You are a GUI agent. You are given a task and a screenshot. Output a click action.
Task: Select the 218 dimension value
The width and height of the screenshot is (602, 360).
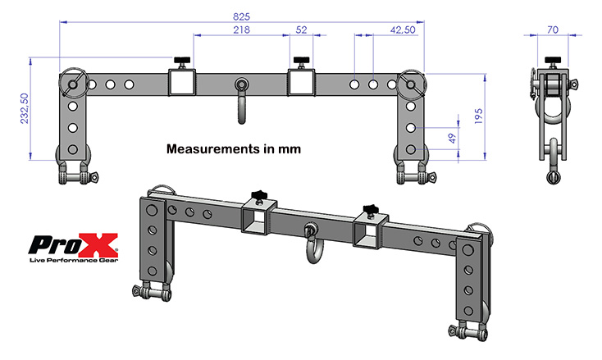tap(241, 30)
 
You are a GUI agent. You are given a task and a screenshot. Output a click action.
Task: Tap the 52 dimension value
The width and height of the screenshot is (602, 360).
tap(301, 30)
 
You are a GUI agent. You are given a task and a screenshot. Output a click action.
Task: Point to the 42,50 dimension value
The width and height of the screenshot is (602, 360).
tap(402, 30)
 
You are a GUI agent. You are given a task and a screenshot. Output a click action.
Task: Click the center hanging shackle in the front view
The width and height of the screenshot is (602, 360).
tap(241, 97)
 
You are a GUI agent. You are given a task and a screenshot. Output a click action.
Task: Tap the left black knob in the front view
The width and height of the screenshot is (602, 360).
tap(181, 62)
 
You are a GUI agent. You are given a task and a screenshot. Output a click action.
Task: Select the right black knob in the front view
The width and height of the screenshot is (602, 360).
tap(302, 62)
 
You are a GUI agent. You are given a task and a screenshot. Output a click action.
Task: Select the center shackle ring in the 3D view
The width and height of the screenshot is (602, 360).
tap(312, 243)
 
